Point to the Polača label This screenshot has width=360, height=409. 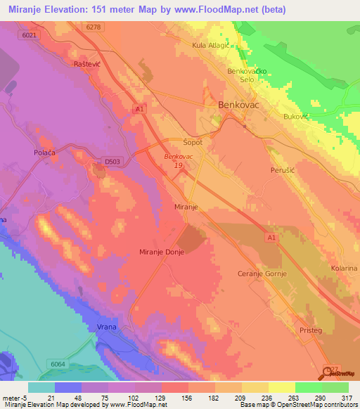[44, 152]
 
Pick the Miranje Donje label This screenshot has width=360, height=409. [162, 252]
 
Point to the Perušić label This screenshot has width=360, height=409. [284, 170]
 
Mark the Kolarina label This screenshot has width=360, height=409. [345, 268]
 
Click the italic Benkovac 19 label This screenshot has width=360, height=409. [179, 161]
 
